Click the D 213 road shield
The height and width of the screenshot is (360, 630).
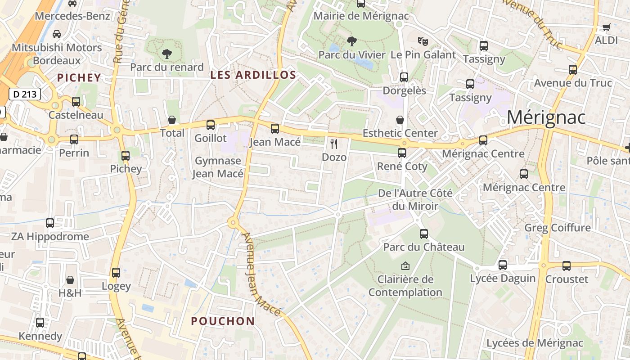coord(25,94)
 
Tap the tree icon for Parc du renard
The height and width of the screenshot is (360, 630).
coord(167,54)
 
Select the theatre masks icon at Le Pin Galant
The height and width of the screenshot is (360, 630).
coord(423,41)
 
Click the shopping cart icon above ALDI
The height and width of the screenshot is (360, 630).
coord(606,27)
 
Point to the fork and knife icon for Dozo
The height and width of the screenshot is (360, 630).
coord(334,144)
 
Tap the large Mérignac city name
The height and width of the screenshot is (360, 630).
coord(546,117)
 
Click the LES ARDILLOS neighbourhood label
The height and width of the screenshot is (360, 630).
coord(253,75)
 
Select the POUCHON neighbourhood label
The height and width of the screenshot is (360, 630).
coord(223,321)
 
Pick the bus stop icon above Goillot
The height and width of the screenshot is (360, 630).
coord(210,125)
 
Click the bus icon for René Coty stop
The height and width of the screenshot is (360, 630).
coord(402,153)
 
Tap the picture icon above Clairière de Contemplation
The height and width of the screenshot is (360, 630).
coord(405,266)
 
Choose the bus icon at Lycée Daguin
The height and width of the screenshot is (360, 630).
coord(503,265)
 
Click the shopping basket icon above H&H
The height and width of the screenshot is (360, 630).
coord(70,280)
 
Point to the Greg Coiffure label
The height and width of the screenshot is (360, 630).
coord(558,228)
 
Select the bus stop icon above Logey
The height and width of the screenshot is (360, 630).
coord(116,273)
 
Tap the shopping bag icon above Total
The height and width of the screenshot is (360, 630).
coord(171,120)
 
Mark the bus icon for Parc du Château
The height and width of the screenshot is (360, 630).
coord(423,234)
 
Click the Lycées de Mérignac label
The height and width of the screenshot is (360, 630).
coord(535,343)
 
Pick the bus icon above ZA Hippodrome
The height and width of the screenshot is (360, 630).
coord(50,223)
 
